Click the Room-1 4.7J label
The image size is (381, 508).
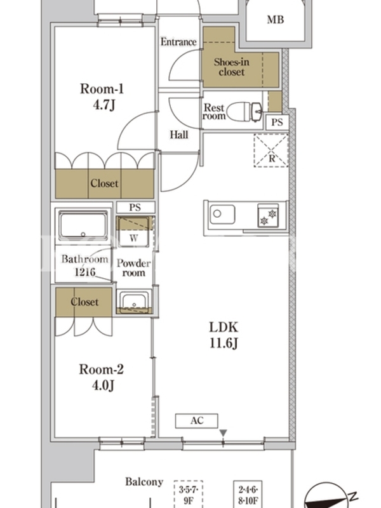102,97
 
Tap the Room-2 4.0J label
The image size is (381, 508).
102,377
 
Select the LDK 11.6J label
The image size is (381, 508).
224,335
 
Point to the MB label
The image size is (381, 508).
276,20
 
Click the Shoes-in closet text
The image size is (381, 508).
231,67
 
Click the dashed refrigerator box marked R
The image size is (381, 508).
271,150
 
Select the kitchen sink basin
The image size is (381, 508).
222,214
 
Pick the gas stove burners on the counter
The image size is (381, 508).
268,215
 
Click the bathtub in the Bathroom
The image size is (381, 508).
83,225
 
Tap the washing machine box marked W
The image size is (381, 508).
133,231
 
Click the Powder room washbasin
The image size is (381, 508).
134,302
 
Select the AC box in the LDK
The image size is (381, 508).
197,421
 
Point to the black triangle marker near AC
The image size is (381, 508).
223,433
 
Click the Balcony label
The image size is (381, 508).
144,482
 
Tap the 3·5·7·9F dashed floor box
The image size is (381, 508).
188,494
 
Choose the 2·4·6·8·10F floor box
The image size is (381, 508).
248,494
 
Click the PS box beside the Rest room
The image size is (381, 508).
277,122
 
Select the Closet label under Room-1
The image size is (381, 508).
104,184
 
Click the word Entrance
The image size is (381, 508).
178,42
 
